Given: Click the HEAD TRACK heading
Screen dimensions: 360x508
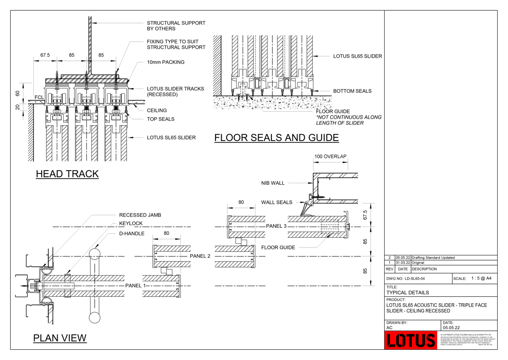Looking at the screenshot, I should (x=67, y=174).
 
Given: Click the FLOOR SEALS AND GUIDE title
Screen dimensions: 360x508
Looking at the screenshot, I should (x=276, y=138).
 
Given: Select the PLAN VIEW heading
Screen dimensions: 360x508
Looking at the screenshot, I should (x=60, y=338).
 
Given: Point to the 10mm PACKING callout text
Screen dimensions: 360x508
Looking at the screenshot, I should (x=165, y=62).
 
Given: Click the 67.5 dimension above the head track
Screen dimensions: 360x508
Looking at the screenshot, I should (x=45, y=55).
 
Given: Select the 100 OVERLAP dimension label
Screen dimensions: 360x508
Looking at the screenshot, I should (x=330, y=157).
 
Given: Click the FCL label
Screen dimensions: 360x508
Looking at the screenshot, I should (x=39, y=98).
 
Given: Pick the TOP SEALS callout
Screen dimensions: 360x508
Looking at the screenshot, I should (x=160, y=119).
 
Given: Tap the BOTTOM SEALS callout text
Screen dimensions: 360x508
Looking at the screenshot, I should (x=352, y=91).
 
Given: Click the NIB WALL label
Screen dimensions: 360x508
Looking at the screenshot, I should (x=273, y=183).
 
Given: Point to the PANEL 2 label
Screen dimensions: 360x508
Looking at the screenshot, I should (x=200, y=256).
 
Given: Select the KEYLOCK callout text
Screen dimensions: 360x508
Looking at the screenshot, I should (x=131, y=224).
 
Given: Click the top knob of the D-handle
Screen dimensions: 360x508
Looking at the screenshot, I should (x=95, y=253).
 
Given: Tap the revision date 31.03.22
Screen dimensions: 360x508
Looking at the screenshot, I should (x=403, y=263).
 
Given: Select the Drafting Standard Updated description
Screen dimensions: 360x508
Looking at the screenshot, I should (x=433, y=258).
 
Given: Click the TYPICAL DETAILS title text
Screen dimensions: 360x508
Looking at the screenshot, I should (x=407, y=292).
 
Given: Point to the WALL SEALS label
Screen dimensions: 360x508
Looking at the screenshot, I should (x=276, y=202).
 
